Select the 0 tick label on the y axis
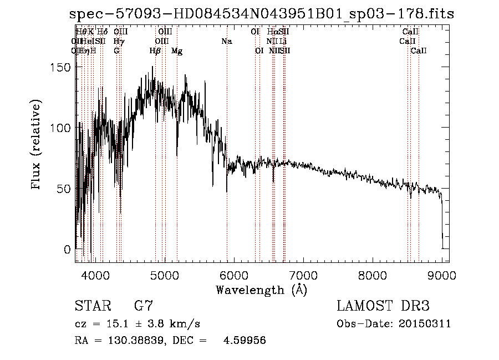(x=68, y=249)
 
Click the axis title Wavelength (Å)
(x=261, y=289)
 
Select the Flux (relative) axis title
(x=37, y=145)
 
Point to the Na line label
(x=226, y=41)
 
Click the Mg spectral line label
(x=177, y=51)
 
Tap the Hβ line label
(x=155, y=51)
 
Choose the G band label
(x=116, y=51)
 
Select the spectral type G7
(x=143, y=306)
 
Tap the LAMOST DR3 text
(x=383, y=306)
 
